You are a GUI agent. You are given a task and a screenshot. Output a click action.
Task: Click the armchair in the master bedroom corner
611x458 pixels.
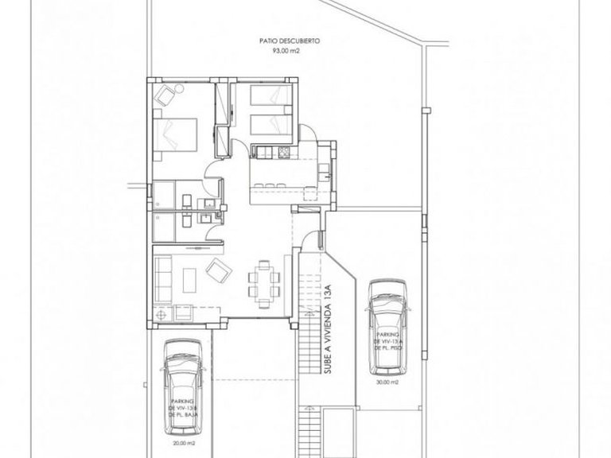pyautogui.click(x=165, y=97)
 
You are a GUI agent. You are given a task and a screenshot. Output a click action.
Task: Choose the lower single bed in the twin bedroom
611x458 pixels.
pyautogui.click(x=268, y=126)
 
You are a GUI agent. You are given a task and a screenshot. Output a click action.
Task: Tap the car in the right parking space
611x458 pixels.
pyautogui.click(x=387, y=326)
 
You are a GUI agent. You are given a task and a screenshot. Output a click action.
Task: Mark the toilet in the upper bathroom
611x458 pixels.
pyautogui.click(x=185, y=199)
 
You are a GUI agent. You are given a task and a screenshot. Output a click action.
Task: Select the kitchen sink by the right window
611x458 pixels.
pyautogui.click(x=322, y=170)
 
